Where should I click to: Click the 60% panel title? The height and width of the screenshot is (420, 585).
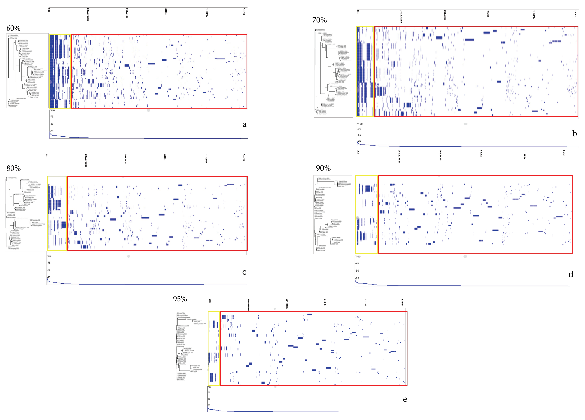(x=13, y=28)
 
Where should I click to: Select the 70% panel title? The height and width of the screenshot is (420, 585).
(x=319, y=20)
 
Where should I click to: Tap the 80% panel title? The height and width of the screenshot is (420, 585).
(x=13, y=168)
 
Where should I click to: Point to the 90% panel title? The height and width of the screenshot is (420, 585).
(x=323, y=168)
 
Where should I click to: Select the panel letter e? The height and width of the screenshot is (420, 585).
(x=405, y=399)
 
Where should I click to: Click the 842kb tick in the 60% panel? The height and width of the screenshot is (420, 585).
(x=166, y=12)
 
